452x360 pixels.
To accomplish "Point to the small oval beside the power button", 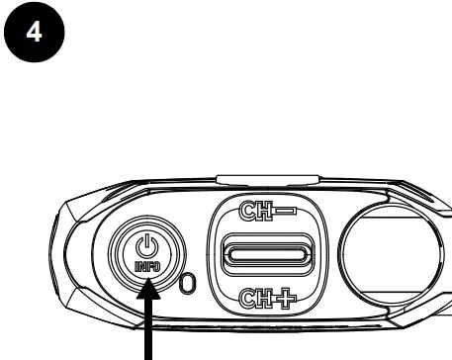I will click(189, 286).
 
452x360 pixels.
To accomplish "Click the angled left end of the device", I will click(59, 257).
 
